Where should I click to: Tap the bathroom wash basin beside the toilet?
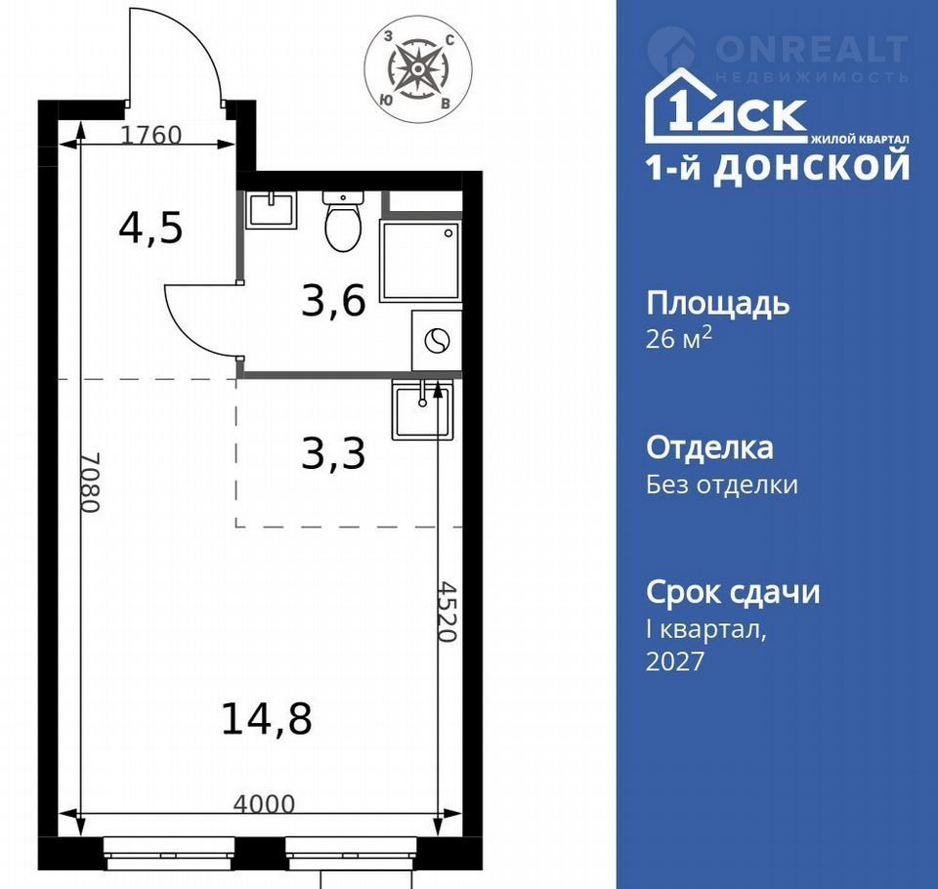click(272, 210)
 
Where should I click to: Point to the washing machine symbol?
click(437, 341)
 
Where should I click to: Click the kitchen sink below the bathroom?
click(422, 409)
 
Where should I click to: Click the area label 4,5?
click(150, 228)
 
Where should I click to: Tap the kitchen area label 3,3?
click(333, 453)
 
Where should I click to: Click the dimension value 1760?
click(151, 135)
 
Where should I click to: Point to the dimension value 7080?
click(90, 483)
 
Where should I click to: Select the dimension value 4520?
click(448, 612)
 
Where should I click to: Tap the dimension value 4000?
click(264, 804)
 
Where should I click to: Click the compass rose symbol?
click(418, 69)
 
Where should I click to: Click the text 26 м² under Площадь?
click(679, 339)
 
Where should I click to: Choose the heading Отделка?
click(709, 448)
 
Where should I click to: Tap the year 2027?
click(675, 661)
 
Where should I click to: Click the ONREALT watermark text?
click(812, 49)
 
